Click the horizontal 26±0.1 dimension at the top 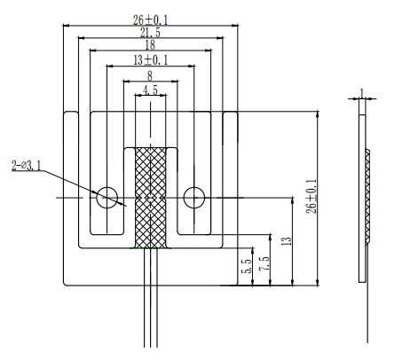150,18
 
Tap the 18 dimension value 150,44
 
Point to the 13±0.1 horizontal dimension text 150,59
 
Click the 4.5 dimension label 150,90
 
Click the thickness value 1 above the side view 362,92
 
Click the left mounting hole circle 107,197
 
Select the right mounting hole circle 193,197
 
